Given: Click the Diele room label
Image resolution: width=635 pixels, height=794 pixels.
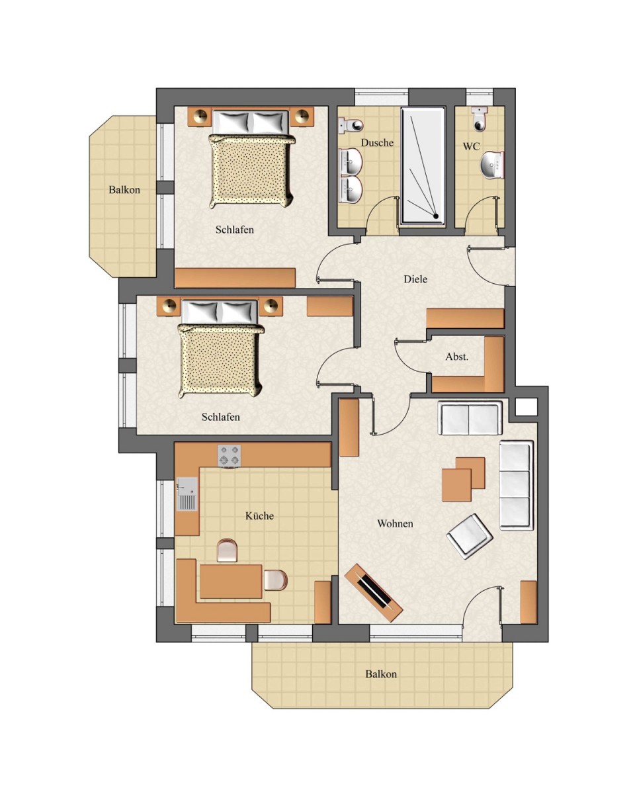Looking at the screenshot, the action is click(x=415, y=279).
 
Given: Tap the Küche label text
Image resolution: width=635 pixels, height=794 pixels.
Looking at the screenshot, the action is click(x=259, y=515).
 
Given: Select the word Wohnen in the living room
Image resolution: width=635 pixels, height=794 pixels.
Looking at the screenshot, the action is click(x=395, y=523).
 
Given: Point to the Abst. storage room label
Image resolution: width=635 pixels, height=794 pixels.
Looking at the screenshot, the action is click(x=457, y=357).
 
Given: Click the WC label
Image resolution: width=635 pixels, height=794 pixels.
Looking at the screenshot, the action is click(x=471, y=146).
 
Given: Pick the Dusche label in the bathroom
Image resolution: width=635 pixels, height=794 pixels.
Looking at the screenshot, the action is click(x=377, y=143).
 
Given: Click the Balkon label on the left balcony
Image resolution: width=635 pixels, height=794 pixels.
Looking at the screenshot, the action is click(x=124, y=190).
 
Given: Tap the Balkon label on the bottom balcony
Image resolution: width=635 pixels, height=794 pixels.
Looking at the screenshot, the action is click(x=381, y=674).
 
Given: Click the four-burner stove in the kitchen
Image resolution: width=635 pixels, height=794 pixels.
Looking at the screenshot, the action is click(x=229, y=456).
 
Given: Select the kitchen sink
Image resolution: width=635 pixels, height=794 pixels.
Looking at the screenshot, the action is click(x=187, y=494).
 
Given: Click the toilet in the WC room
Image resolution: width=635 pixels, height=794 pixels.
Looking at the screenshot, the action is click(x=480, y=119).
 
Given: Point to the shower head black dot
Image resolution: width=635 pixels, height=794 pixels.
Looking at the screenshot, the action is click(x=435, y=216).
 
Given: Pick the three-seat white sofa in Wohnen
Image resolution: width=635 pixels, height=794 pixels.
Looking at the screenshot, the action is click(x=516, y=485).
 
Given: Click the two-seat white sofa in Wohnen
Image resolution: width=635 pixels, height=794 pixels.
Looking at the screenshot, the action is click(x=470, y=418).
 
